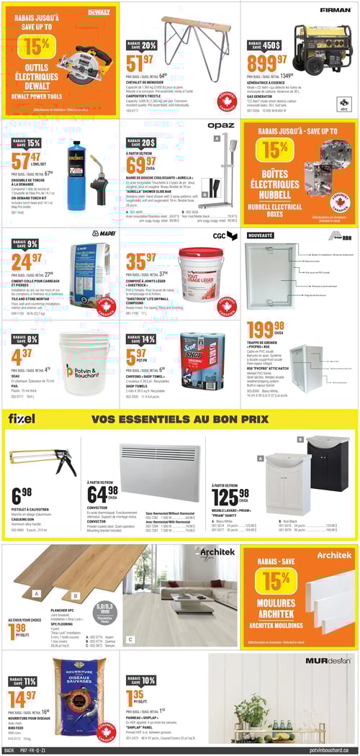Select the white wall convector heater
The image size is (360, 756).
click(158, 462)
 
